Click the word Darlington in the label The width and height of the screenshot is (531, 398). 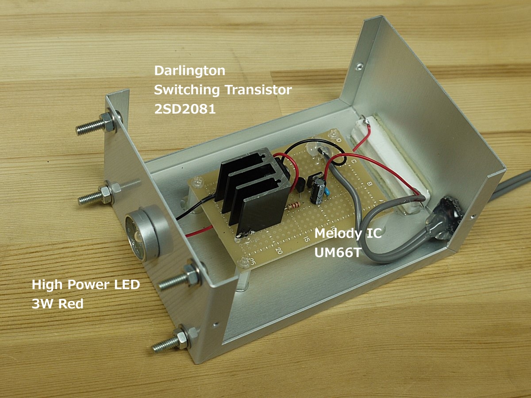pos(190,71)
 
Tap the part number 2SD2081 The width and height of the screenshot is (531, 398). pos(185,109)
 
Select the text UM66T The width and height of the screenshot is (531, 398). pos(337,253)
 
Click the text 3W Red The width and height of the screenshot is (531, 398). pos(58,304)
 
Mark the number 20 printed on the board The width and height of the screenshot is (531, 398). pos(279,251)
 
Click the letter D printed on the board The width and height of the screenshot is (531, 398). pos(338,140)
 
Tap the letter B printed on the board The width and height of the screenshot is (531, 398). pos(369,184)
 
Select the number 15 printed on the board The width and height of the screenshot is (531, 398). pos(307,239)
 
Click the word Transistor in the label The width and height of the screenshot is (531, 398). pos(258,90)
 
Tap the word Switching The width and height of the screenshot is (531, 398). pos(187,90)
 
